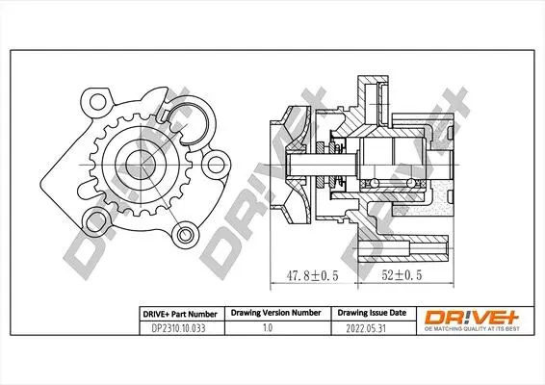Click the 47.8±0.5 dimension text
(312, 275)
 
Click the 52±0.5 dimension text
(402, 275)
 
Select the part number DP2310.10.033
(178, 328)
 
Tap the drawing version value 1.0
(268, 327)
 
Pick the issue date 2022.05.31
(366, 328)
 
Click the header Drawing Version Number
(276, 313)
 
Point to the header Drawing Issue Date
(372, 313)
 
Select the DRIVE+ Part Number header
(180, 314)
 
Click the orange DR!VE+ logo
(471, 317)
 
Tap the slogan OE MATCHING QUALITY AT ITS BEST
(472, 329)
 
